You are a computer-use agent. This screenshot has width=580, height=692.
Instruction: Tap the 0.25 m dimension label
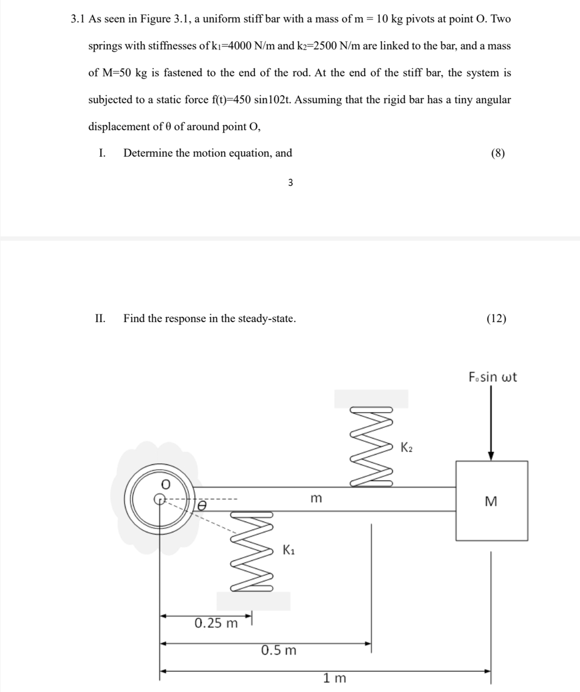coord(216,623)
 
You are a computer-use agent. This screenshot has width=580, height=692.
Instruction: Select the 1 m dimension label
coord(335,678)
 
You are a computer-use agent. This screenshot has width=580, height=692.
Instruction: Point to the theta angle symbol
coord(202,505)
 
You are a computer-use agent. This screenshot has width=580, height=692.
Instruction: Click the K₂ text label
coord(406,447)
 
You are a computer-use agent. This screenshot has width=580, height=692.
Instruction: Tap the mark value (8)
coord(498,153)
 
